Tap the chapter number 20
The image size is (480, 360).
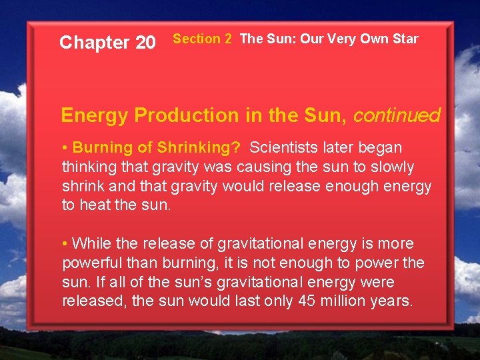pyautogui.click(x=145, y=43)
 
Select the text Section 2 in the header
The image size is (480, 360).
pyautogui.click(x=203, y=39)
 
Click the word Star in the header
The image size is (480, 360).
pyautogui.click(x=405, y=39)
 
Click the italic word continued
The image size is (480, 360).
pyautogui.click(x=397, y=116)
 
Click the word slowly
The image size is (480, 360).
pyautogui.click(x=390, y=167)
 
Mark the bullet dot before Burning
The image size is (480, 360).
pyautogui.click(x=65, y=148)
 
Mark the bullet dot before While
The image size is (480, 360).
pyautogui.click(x=65, y=244)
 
